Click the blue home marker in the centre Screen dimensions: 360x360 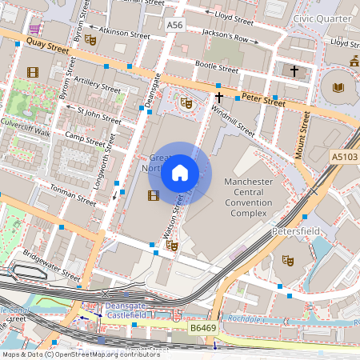click(x=180, y=173)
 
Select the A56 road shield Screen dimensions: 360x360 click(x=175, y=26)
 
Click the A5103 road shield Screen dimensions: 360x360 click(x=344, y=158)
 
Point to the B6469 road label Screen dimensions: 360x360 click(x=204, y=327)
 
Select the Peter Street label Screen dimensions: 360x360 click(x=263, y=102)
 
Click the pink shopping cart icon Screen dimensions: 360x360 click(x=35, y=28)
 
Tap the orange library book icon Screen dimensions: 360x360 click(x=337, y=86)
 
